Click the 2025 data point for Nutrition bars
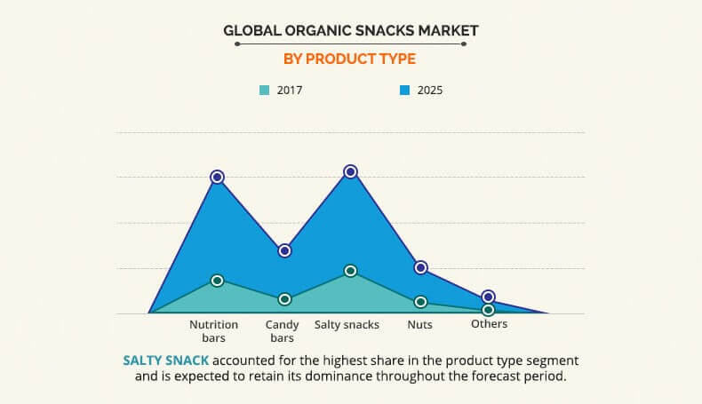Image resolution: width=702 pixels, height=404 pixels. [x=217, y=177]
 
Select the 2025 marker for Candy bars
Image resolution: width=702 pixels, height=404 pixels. [x=284, y=250]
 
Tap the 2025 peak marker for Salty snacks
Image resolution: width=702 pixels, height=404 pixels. [x=350, y=171]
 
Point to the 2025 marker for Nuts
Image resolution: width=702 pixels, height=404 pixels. [x=421, y=267]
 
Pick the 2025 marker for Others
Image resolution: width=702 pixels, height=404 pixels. [x=488, y=297]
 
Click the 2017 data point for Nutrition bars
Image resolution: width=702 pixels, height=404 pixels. [x=217, y=281]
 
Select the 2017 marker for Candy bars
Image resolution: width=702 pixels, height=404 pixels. [x=284, y=299]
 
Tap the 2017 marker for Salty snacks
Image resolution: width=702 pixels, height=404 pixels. [x=350, y=271]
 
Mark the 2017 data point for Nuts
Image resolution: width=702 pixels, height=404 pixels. [x=421, y=302]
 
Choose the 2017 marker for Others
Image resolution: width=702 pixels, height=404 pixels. [x=488, y=310]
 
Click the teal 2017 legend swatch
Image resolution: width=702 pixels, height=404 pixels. [x=265, y=90]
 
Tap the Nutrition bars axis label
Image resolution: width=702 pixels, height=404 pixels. [x=213, y=331]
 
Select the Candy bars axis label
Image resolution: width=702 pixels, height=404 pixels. [x=282, y=331]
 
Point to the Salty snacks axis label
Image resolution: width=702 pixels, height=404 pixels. [x=347, y=325]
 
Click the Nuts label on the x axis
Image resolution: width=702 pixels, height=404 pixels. [x=419, y=325]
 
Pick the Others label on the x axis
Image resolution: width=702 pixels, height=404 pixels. [x=489, y=324]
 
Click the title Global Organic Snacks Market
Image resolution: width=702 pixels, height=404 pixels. [x=350, y=31]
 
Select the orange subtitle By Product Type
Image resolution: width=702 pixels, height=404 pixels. [x=350, y=59]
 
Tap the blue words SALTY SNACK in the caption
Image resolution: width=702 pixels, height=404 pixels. [x=166, y=360]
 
